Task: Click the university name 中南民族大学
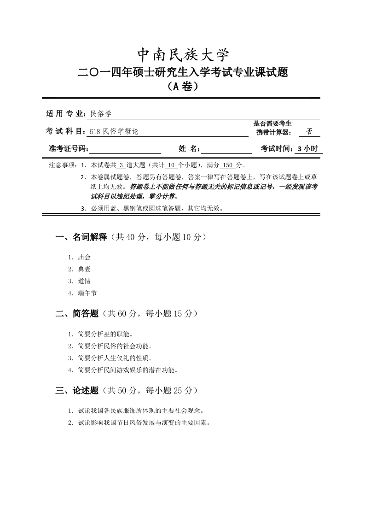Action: pyautogui.click(x=183, y=55)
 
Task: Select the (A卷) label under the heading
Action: pyautogui.click(x=183, y=86)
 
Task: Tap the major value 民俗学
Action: pyautogui.click(x=101, y=113)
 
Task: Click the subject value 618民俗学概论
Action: pyautogui.click(x=114, y=131)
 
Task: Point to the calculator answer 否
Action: pyautogui.click(x=309, y=131)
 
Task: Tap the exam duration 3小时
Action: pyautogui.click(x=308, y=149)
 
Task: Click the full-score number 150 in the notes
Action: pyautogui.click(x=227, y=165)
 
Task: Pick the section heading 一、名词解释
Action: pyautogui.click(x=81, y=237)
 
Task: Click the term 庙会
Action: pyautogui.click(x=84, y=258)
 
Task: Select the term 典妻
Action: pyautogui.click(x=84, y=270)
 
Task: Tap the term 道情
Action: pyautogui.click(x=84, y=281)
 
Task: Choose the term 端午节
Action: pyautogui.click(x=87, y=293)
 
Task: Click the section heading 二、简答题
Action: pyautogui.click(x=77, y=314)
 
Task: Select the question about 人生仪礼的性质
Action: pyautogui.click(x=115, y=358)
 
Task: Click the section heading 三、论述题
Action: pyautogui.click(x=77, y=391)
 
